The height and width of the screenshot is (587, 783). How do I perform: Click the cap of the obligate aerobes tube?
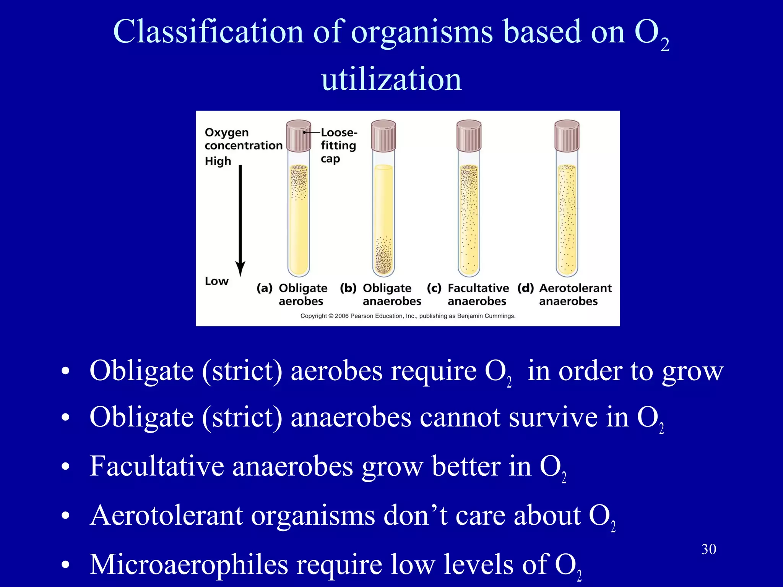pos(299,136)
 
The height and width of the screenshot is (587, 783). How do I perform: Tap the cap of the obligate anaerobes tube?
pos(383,136)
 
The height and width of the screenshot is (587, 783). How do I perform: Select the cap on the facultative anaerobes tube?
pos(469,136)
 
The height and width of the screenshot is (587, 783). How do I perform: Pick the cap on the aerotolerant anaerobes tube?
pos(567,136)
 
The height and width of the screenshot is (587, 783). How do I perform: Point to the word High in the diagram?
pos(218,161)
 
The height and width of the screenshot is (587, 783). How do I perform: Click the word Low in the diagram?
pos(216,281)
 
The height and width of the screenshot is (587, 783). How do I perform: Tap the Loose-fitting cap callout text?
pos(338,146)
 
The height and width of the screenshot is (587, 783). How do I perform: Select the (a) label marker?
pos(264,288)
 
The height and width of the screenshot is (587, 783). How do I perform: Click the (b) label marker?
pos(348,288)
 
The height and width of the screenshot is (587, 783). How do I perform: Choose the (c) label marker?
pos(434,288)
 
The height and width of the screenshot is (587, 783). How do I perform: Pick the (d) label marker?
pos(526,288)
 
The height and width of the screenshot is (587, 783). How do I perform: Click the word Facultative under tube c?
pos(478,288)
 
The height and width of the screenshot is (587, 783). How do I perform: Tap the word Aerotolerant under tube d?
pos(575,288)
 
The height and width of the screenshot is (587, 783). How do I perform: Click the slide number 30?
pos(708,549)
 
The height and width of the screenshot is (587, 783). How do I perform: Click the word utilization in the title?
pos(391,79)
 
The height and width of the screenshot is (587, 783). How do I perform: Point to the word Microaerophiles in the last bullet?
pos(189,564)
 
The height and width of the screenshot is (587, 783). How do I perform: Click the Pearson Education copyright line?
pos(408,316)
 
